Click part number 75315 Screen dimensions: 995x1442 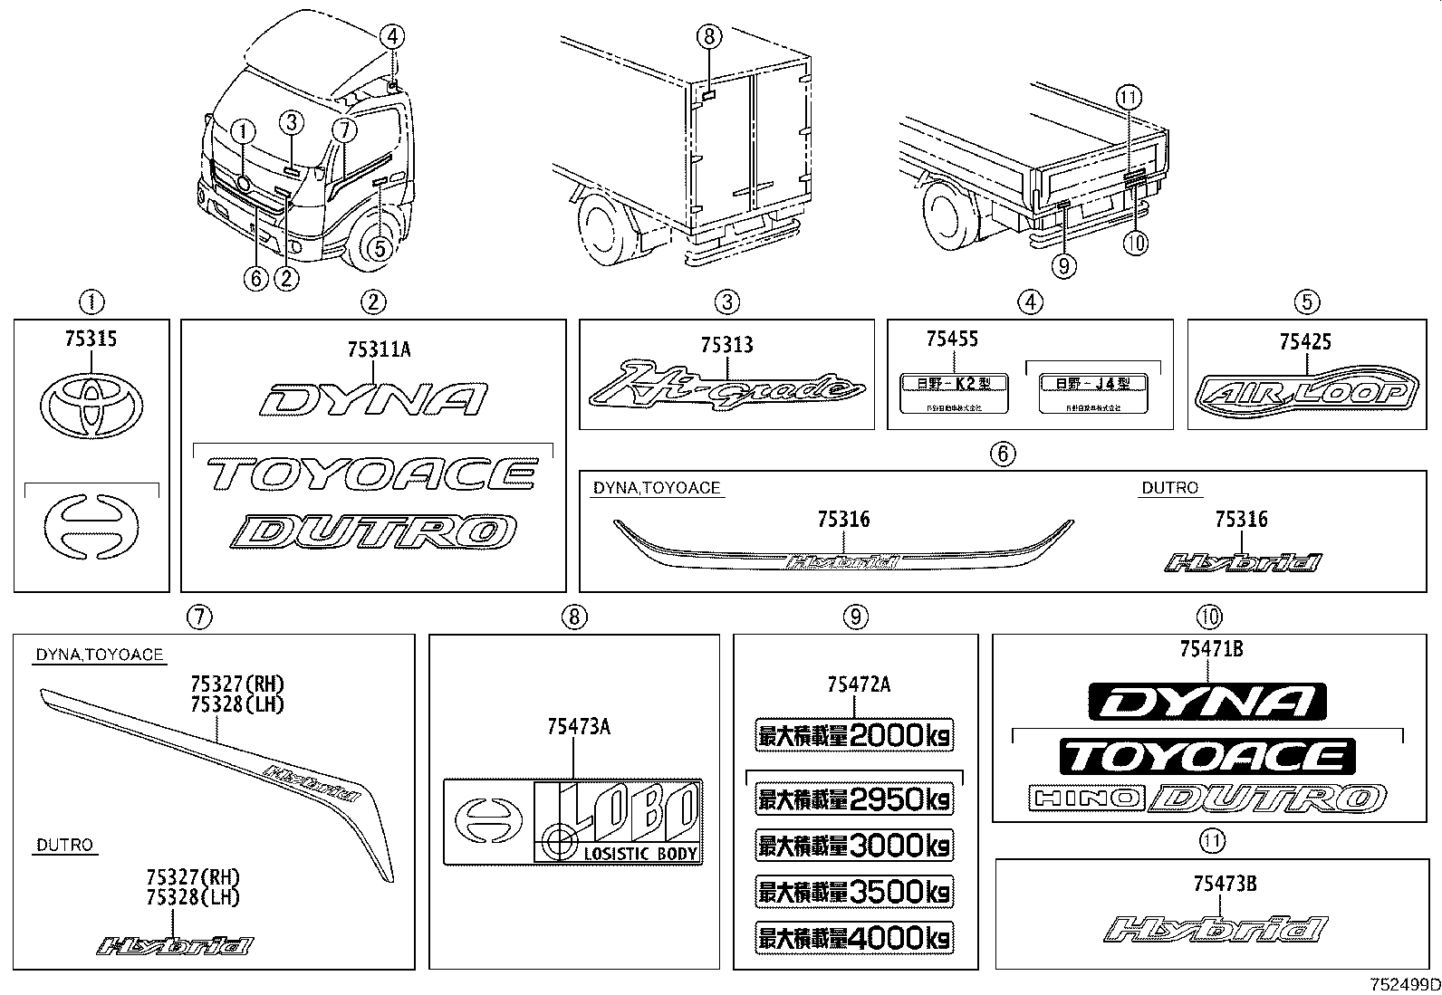(91, 339)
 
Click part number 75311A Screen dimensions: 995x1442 (378, 349)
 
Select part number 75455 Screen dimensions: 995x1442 (951, 340)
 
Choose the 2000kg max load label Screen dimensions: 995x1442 (854, 735)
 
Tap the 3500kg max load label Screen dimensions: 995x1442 (854, 892)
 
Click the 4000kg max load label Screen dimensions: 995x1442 (854, 937)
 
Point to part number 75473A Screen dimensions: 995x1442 (578, 726)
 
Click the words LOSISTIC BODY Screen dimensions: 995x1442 (640, 853)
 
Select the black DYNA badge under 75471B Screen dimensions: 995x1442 (1207, 703)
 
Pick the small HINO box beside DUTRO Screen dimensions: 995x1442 (1085, 798)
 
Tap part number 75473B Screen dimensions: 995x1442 (1225, 885)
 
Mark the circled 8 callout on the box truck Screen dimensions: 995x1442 (709, 37)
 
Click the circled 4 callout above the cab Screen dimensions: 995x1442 (391, 37)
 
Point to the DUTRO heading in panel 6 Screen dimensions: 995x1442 (1168, 488)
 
